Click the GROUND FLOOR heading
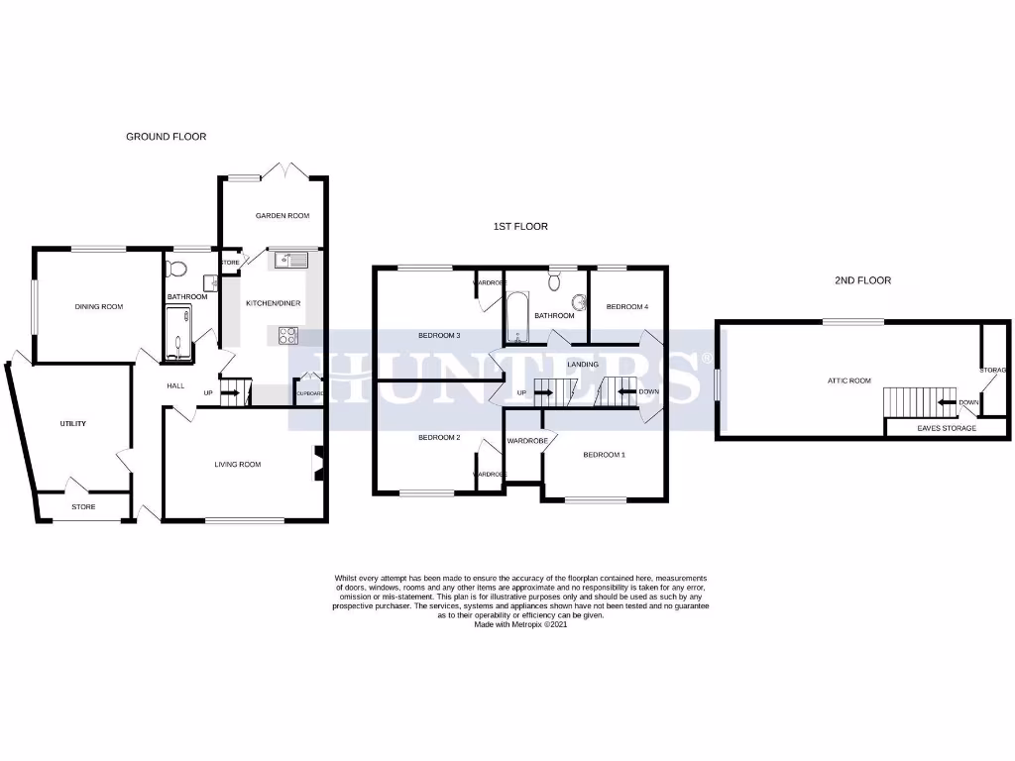(166, 137)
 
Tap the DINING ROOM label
(99, 307)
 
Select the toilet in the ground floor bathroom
(177, 268)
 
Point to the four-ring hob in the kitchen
(289, 335)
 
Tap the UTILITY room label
(72, 424)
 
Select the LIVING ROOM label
(238, 464)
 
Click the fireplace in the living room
(318, 463)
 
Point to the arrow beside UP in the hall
(229, 393)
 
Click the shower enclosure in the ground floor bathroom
(179, 332)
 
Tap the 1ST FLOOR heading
(520, 227)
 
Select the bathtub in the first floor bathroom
(516, 317)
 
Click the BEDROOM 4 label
(626, 307)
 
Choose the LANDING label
(583, 365)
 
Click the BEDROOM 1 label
(604, 455)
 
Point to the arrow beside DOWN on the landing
(625, 392)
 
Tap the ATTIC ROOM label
(849, 380)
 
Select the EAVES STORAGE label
(946, 428)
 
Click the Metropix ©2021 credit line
(522, 624)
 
